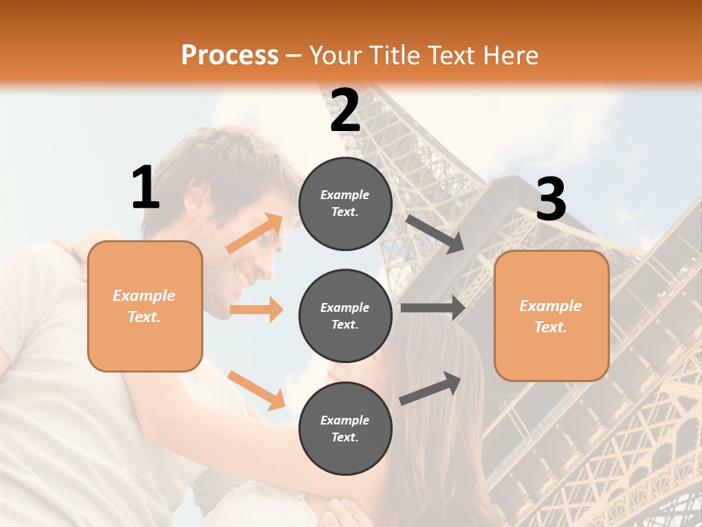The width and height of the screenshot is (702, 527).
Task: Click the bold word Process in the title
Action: pos(230,55)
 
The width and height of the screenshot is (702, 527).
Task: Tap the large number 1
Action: pos(146,188)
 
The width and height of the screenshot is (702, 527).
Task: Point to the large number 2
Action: pos(345,111)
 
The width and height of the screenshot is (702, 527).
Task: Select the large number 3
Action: pos(551,200)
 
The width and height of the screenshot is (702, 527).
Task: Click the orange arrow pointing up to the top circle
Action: pos(255,233)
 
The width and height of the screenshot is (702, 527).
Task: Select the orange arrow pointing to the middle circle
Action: pos(256,310)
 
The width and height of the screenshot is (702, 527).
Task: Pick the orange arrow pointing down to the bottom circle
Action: pos(256,389)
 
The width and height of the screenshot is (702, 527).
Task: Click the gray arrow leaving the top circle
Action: pos(435,234)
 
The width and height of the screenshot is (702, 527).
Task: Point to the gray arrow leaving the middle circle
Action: pos(433,308)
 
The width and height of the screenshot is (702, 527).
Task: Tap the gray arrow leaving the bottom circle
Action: pos(430,389)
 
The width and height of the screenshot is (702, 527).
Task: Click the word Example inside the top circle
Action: pos(345,195)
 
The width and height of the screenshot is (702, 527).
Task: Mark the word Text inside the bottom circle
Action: pos(344,437)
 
